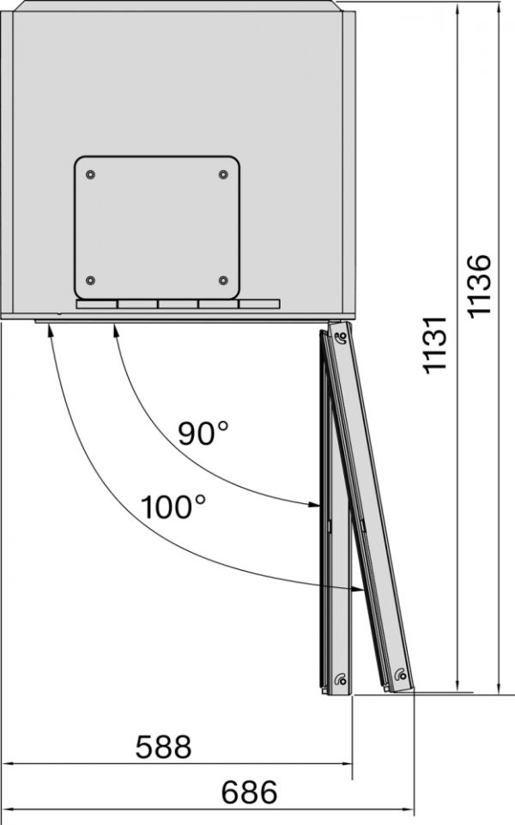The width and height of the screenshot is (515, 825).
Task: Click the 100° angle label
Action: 174,507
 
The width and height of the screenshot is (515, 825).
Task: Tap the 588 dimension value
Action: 163,747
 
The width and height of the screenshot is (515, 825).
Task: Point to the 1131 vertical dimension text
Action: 437,343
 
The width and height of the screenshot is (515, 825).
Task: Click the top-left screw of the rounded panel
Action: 90,175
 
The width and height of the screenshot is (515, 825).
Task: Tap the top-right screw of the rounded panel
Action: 223,175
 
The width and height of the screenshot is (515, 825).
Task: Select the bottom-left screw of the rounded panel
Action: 90,281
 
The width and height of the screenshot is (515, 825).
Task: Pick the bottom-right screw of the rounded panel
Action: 223,281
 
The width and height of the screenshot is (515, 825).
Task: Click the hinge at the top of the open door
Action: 341,336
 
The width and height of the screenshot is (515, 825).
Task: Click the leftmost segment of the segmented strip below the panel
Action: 96,305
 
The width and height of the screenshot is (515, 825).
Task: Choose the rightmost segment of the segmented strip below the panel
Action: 259,305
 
